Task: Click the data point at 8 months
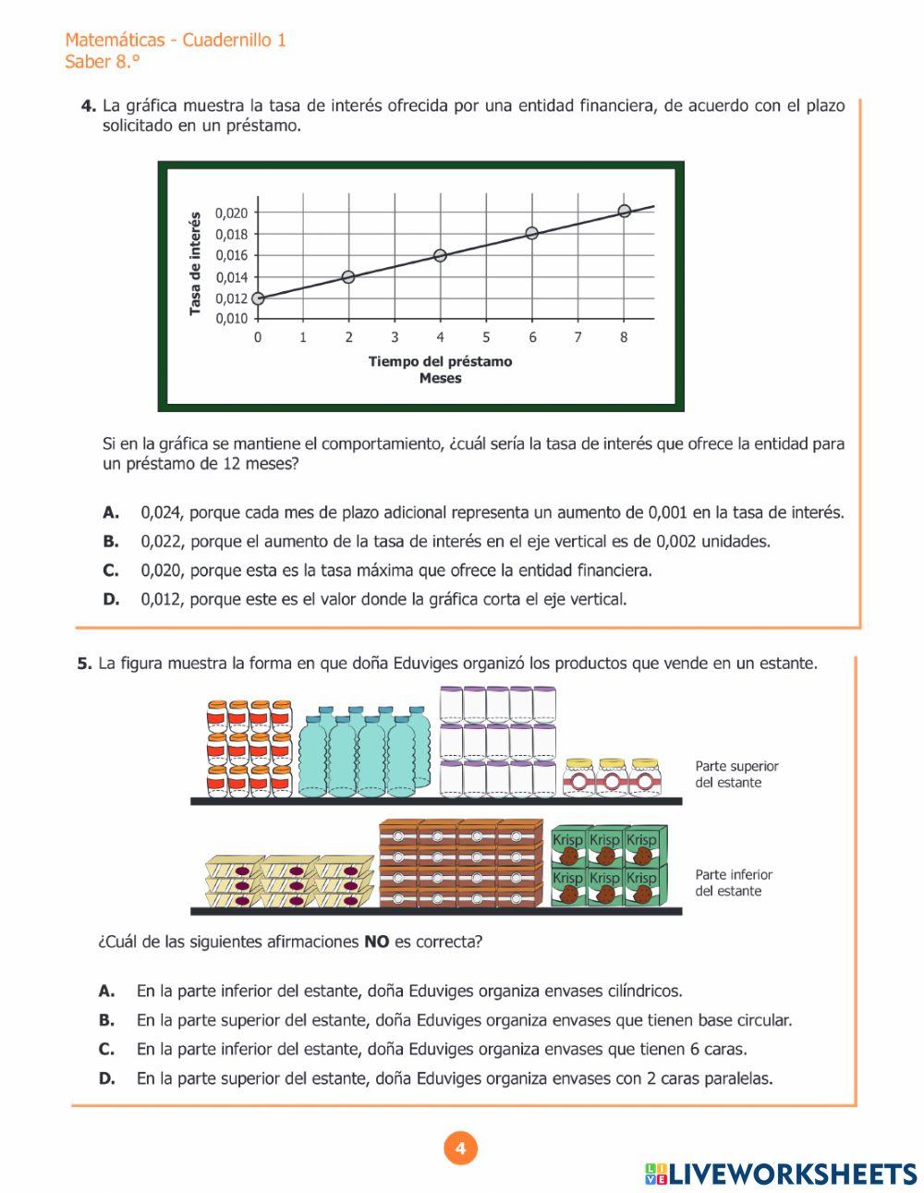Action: click(x=625, y=211)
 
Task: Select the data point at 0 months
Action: click(x=258, y=298)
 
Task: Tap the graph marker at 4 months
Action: click(x=440, y=255)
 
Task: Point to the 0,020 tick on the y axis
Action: click(x=231, y=213)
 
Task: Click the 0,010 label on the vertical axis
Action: click(x=231, y=319)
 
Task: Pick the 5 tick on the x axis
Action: click(x=486, y=337)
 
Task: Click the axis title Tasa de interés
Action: click(x=195, y=263)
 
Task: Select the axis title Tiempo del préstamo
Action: click(x=440, y=361)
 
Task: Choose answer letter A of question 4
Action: click(x=111, y=512)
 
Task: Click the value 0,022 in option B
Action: click(x=161, y=542)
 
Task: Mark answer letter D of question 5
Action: click(x=107, y=1078)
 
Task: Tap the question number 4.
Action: click(x=89, y=106)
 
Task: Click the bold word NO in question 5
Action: click(x=376, y=943)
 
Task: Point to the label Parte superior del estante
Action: click(x=736, y=774)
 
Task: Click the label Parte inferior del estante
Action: click(x=734, y=883)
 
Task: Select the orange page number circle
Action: click(x=461, y=1149)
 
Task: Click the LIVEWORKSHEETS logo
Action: click(x=781, y=1174)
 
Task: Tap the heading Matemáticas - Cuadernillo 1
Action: click(x=176, y=40)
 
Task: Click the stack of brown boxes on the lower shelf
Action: click(x=459, y=863)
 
